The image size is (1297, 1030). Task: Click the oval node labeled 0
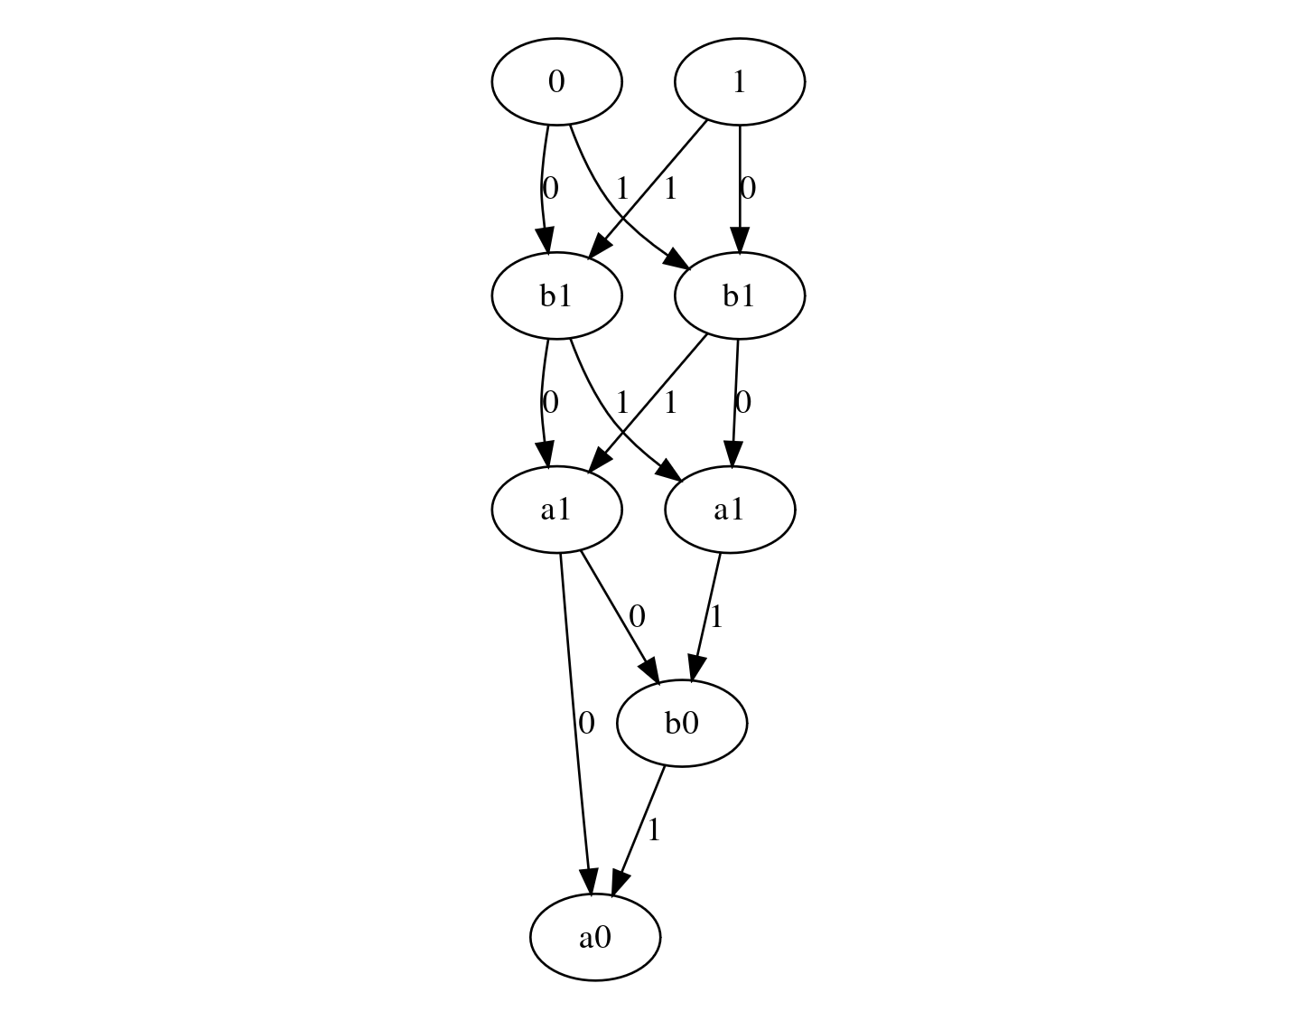click(x=556, y=82)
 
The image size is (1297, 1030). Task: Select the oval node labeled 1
click(x=739, y=82)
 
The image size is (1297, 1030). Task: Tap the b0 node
click(x=682, y=724)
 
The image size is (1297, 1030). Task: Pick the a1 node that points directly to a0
click(x=556, y=510)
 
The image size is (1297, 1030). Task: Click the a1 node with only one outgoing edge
click(x=730, y=510)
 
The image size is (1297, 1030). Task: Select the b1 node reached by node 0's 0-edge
click(x=556, y=296)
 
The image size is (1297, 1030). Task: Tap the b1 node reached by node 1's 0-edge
click(x=739, y=296)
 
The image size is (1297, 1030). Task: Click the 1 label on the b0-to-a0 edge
click(x=654, y=829)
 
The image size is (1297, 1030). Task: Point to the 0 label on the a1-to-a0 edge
click(x=586, y=723)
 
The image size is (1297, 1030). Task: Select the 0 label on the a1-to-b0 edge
click(x=637, y=617)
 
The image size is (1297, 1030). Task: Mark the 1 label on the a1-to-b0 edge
click(x=716, y=617)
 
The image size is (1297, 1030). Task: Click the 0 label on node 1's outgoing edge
click(x=748, y=188)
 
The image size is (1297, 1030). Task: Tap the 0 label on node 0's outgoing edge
click(x=550, y=188)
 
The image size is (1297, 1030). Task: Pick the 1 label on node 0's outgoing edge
click(x=621, y=189)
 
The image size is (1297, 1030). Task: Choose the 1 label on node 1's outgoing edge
click(x=669, y=189)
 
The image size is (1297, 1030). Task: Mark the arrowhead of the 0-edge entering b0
click(x=652, y=669)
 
